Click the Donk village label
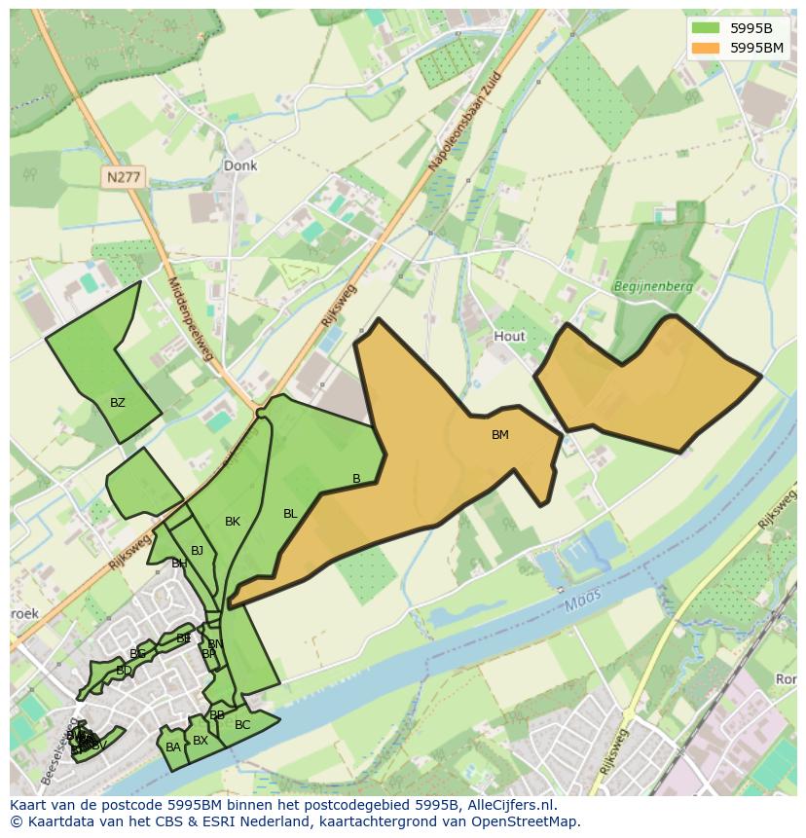tap(240, 165)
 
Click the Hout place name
tap(509, 336)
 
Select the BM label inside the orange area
tap(499, 435)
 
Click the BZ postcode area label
tap(118, 403)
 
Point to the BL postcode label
tap(290, 514)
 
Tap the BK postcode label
tap(233, 522)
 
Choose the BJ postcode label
tap(198, 551)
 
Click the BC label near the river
tap(242, 725)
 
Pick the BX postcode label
tap(201, 741)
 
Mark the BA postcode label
tap(173, 747)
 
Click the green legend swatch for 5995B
tap(705, 27)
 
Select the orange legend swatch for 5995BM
tap(705, 47)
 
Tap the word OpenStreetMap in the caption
tap(530, 821)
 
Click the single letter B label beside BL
tap(356, 478)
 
